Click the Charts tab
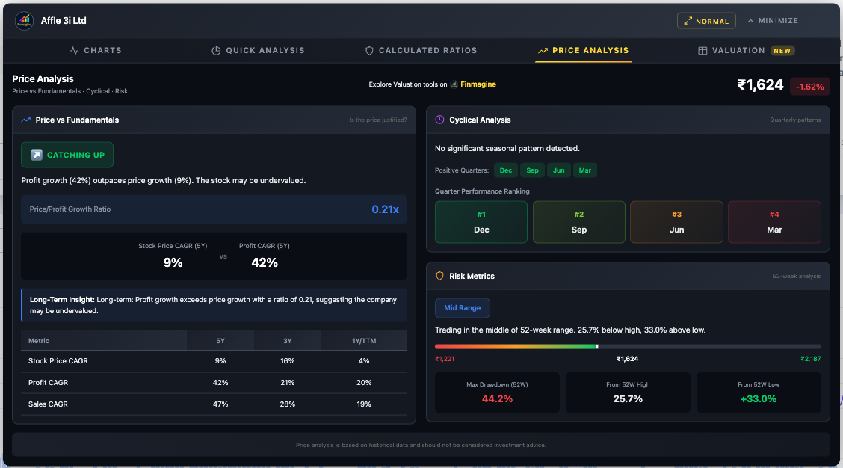(96, 51)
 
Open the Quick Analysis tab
(259, 51)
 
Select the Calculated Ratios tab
(421, 51)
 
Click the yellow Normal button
(706, 21)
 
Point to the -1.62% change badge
(809, 86)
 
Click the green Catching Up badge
(67, 155)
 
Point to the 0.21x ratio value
(385, 209)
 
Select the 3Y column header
(288, 341)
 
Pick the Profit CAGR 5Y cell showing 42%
(220, 383)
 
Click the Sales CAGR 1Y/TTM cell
(364, 404)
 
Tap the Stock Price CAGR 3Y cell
(288, 361)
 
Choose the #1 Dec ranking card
(481, 222)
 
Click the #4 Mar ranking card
(774, 222)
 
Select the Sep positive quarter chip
(532, 170)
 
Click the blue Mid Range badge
(462, 307)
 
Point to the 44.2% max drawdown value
(497, 399)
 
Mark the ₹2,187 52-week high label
(810, 359)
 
